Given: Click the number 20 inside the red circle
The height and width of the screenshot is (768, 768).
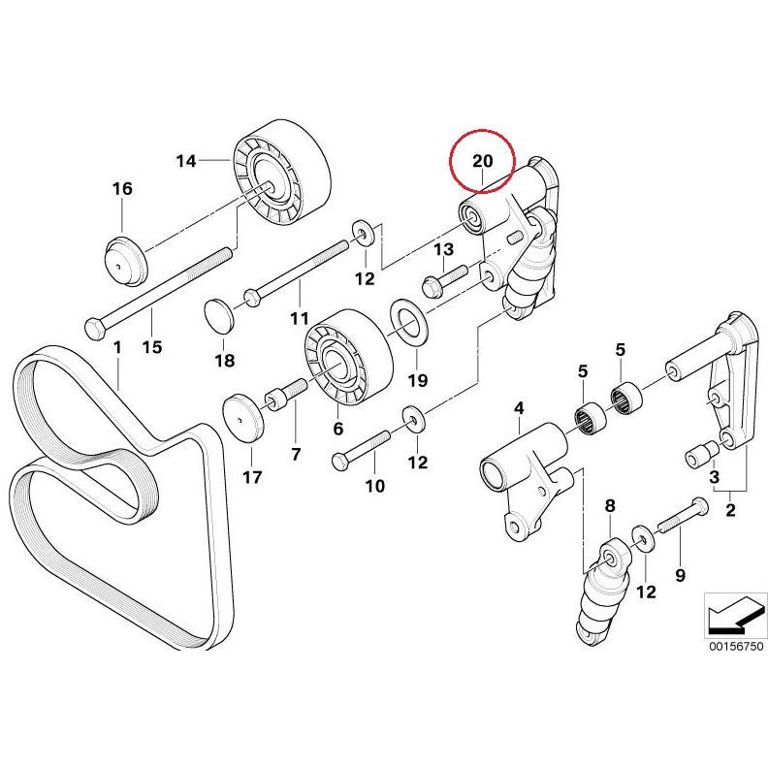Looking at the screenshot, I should click(483, 160).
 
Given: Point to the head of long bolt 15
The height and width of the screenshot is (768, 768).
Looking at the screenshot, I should click(93, 328).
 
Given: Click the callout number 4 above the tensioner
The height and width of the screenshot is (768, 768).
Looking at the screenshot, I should click(518, 408).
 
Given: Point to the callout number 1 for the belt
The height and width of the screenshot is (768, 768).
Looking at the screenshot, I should click(116, 346).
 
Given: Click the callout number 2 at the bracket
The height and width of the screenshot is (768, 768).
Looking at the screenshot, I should click(730, 507).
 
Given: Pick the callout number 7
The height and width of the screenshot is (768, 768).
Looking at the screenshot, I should click(297, 453).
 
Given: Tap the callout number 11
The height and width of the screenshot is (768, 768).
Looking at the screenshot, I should click(299, 317).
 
